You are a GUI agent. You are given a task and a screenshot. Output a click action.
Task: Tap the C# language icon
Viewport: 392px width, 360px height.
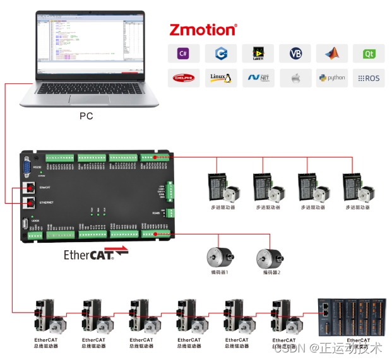coord(183,54)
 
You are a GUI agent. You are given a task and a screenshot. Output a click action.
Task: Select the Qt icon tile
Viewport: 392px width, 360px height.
coord(369,54)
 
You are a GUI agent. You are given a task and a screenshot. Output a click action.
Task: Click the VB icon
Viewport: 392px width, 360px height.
coord(295,54)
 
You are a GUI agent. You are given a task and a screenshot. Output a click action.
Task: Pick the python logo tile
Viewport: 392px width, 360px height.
coord(332,78)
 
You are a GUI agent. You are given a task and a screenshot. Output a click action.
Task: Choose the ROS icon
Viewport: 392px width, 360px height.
coord(369,78)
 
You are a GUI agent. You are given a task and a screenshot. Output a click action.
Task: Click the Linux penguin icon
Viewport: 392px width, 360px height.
coord(220,78)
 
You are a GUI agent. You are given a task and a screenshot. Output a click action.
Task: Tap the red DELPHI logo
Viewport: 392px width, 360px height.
coord(183,78)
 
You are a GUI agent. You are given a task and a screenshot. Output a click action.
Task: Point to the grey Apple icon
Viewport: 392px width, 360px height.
coord(295,78)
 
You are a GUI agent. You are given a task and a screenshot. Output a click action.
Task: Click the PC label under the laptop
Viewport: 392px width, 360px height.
coord(86,116)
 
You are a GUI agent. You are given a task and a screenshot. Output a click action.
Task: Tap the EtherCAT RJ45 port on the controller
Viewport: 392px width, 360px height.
coord(30,188)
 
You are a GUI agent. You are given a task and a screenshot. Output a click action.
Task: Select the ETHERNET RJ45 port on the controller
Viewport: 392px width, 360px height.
coord(30,202)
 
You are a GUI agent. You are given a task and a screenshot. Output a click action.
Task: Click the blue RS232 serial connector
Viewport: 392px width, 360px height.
coord(28,166)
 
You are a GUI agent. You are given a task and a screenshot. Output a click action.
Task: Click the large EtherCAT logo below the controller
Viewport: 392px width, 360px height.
coord(95,255)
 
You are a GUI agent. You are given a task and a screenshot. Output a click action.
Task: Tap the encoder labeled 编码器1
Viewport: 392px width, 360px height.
coord(219,258)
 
